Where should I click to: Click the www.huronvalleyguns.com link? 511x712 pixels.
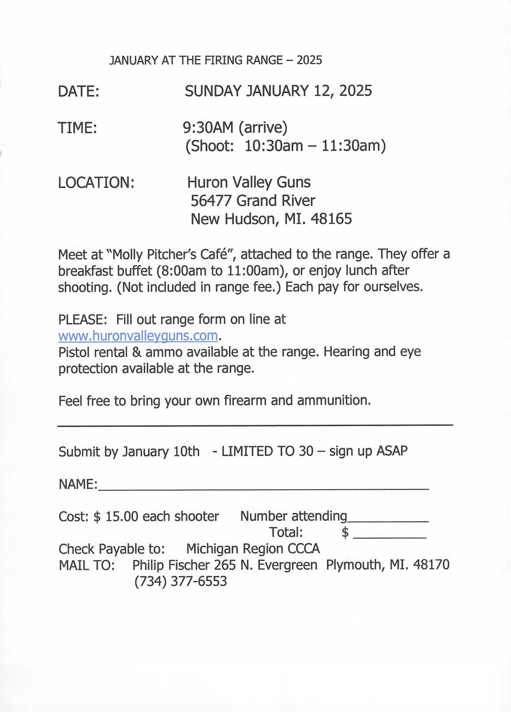[x=138, y=336]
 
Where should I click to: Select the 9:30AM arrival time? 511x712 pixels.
[x=208, y=127]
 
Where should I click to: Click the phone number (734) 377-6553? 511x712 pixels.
[x=180, y=581]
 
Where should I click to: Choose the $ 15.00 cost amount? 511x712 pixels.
[x=116, y=516]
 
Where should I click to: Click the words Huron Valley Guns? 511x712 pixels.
[x=249, y=182]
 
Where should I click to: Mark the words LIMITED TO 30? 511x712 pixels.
[x=267, y=451]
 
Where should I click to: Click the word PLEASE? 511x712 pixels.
[x=83, y=320]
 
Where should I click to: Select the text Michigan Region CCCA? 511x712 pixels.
[x=253, y=549]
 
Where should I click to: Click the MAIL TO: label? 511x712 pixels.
[x=87, y=565]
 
